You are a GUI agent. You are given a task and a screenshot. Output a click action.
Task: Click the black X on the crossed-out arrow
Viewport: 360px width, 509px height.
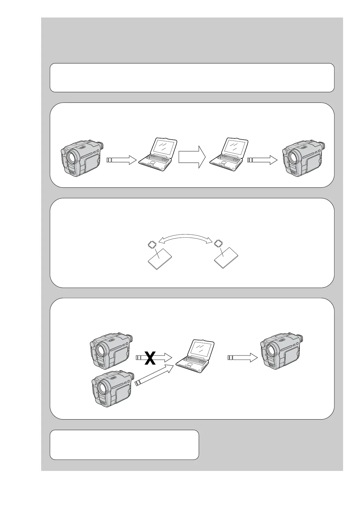tap(150, 358)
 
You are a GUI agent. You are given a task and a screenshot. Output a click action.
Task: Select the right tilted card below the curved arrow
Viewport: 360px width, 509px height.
tap(226, 258)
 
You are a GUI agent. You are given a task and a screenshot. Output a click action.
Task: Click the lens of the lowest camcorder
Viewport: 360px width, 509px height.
tap(101, 388)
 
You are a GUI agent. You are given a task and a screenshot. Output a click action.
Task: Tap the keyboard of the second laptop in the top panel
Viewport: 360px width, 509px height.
tap(225, 160)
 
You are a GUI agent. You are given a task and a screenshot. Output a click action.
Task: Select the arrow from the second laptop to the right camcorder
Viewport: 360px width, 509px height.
tap(262, 160)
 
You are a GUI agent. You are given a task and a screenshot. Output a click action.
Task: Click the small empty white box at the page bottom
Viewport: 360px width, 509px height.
tap(124, 445)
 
